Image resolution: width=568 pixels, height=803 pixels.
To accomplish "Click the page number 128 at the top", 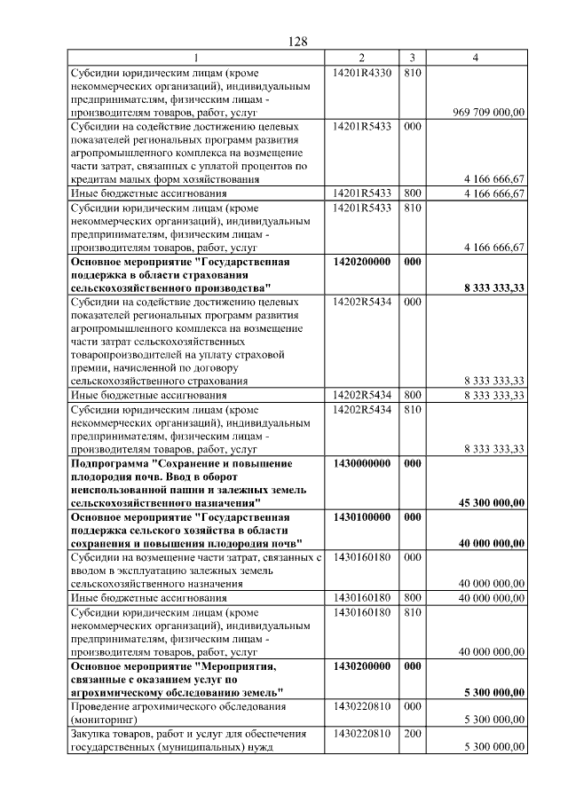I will pyautogui.click(x=297, y=42).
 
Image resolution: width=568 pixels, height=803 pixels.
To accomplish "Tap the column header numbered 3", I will pyautogui.click(x=412, y=58).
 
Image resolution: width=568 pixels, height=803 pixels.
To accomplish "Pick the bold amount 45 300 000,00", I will pyautogui.click(x=491, y=502).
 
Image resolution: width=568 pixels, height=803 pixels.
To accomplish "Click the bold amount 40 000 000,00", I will pyautogui.click(x=491, y=543).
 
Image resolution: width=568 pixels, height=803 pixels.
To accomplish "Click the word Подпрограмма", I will pyautogui.click(x=109, y=463).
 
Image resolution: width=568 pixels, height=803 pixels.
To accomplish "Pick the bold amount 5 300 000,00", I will pyautogui.click(x=494, y=691).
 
